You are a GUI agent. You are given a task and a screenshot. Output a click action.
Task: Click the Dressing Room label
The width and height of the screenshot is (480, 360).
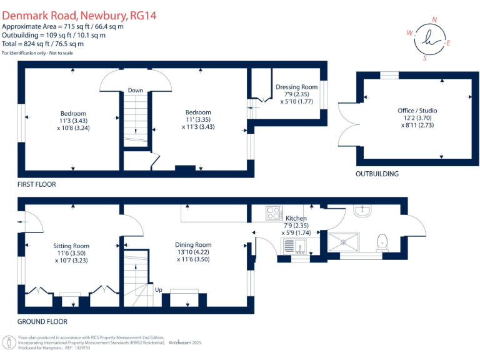point(296,87)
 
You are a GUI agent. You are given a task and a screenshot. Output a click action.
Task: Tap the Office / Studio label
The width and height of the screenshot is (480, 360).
point(417,111)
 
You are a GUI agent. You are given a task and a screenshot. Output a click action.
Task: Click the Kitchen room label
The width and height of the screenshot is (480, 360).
point(296,218)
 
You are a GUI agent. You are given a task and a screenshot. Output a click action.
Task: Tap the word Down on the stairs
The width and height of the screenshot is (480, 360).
point(136,91)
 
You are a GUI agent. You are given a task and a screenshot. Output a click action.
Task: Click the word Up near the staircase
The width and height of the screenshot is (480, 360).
point(158,289)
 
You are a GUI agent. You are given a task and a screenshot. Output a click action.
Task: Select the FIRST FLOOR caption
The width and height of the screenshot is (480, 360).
point(37,184)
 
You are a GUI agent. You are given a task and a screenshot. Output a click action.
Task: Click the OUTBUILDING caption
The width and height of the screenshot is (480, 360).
point(377,174)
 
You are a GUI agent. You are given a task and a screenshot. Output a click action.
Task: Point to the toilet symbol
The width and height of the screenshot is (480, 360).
point(383,241)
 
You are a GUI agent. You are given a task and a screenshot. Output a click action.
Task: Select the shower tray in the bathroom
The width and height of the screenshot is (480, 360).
point(343,242)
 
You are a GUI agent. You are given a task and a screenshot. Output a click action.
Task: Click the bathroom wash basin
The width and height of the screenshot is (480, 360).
point(363,211)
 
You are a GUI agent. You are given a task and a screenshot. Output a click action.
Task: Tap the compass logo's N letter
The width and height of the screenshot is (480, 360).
point(434,19)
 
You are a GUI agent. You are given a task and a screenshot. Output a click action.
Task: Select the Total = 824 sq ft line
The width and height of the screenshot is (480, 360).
point(43,44)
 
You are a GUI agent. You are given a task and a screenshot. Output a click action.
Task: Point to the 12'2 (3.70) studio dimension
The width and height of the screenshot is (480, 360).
point(417,117)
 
